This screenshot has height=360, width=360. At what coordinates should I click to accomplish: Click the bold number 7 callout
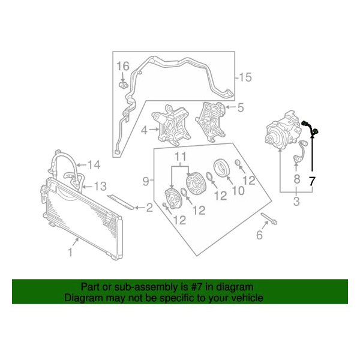click(312, 181)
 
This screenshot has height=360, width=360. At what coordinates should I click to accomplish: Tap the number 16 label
click(123, 67)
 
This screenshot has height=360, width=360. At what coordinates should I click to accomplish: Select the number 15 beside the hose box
click(245, 77)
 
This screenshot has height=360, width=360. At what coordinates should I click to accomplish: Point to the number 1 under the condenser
click(71, 252)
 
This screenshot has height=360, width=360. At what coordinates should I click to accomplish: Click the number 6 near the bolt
click(259, 235)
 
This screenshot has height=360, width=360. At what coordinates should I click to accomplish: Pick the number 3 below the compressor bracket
click(296, 201)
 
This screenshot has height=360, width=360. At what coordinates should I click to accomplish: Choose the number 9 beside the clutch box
click(146, 181)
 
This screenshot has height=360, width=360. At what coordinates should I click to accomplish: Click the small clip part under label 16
click(124, 85)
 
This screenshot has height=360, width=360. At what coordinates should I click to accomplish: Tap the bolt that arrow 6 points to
click(269, 218)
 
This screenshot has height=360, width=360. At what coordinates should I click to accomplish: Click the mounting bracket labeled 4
click(171, 125)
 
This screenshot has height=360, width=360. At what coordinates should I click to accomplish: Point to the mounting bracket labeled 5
click(211, 122)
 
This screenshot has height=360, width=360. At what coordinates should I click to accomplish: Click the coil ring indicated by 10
click(221, 168)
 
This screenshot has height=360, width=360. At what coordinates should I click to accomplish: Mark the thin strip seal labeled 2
click(121, 202)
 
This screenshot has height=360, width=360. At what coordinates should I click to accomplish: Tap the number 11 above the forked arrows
click(180, 157)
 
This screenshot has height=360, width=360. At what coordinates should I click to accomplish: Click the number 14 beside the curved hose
click(94, 165)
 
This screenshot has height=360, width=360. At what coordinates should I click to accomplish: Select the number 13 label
click(100, 187)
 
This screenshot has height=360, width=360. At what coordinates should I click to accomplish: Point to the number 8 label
click(296, 179)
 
